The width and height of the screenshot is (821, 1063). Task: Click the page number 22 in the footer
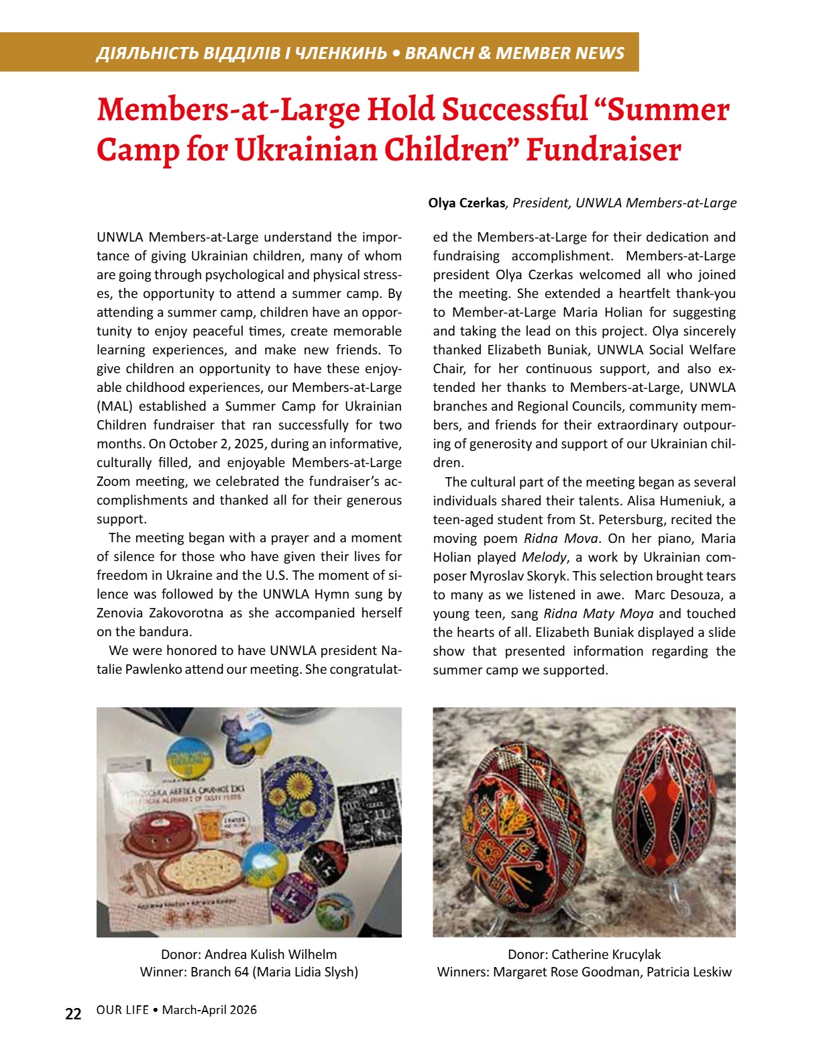tap(73, 1013)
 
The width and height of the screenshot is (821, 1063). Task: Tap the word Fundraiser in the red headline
tap(603, 150)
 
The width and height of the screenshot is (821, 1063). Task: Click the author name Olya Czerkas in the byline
tap(466, 203)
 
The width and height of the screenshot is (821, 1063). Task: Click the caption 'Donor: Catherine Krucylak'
tap(584, 954)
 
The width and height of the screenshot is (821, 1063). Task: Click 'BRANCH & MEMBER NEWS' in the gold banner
tap(514, 53)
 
